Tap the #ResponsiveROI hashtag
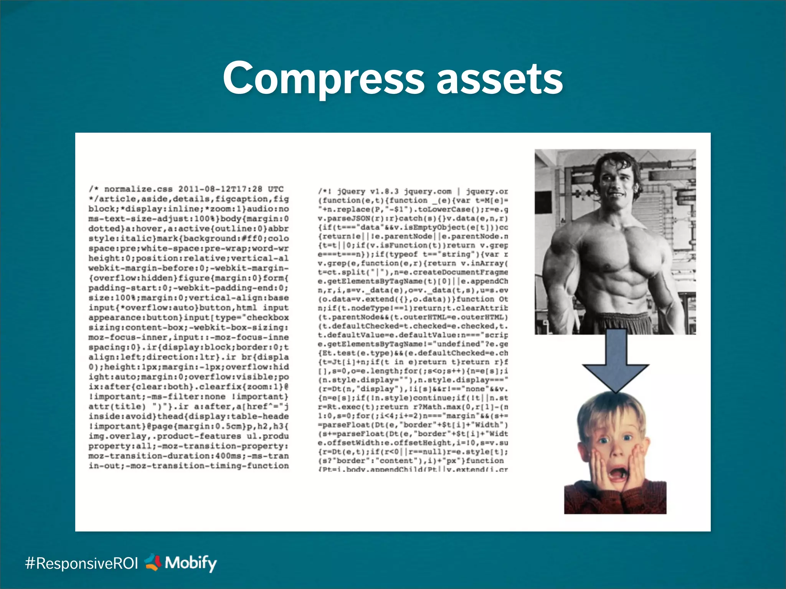pos(81,563)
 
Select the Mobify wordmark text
pos(191,563)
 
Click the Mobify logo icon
pos(153,562)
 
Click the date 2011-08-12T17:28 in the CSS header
pos(220,189)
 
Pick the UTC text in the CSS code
pos(276,189)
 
